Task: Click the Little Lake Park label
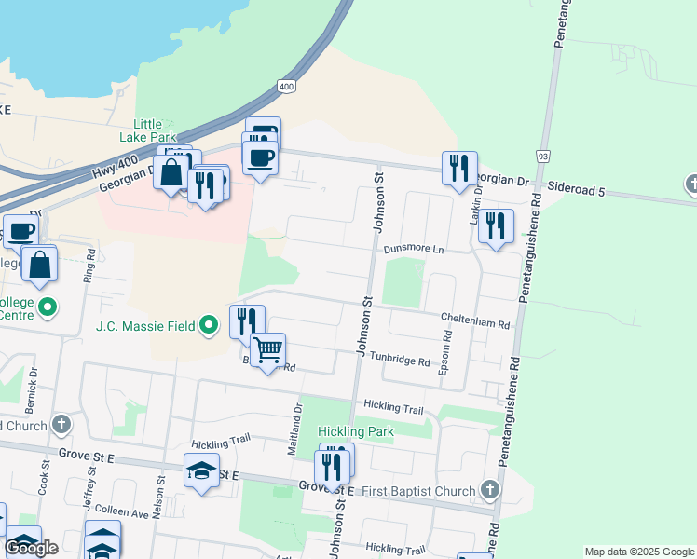[147, 130]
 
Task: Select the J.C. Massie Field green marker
[210, 326]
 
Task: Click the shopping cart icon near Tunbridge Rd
[267, 350]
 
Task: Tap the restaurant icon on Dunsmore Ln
[496, 226]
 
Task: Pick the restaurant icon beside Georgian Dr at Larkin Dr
[458, 169]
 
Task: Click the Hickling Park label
[355, 432]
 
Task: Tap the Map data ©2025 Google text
[638, 552]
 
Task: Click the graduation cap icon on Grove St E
[201, 471]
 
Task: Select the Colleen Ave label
[122, 514]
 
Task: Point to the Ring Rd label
[90, 266]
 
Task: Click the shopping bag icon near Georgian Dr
[171, 172]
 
